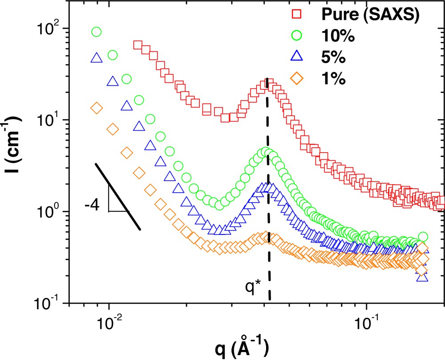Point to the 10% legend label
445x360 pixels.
click(338, 37)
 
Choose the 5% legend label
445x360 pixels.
click(333, 58)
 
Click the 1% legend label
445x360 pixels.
click(333, 80)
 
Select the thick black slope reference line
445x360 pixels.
click(118, 197)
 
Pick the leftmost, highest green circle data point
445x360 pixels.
click(97, 32)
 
